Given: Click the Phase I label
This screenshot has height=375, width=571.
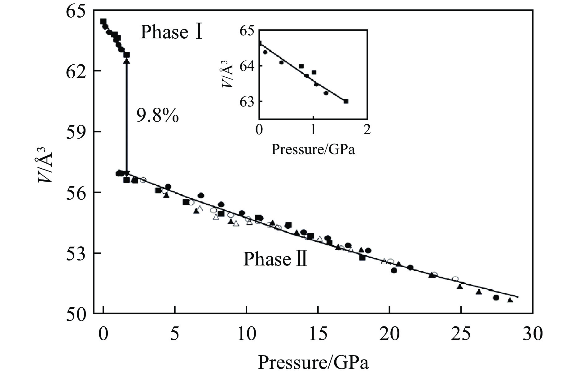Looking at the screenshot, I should pos(172,32).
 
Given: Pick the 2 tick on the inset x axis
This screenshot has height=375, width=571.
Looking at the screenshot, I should pos(367,129).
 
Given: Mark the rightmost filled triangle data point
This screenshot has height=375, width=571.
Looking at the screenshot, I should pos(510,300).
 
